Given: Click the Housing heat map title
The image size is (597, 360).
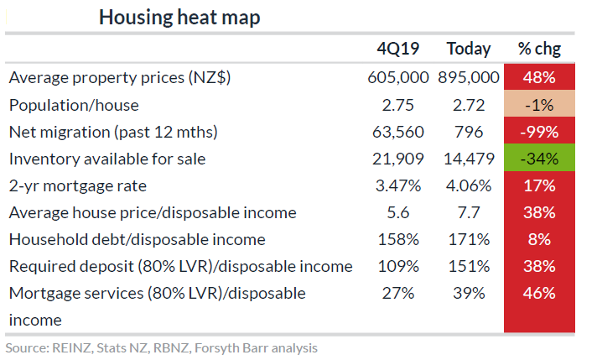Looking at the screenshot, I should click(x=179, y=18).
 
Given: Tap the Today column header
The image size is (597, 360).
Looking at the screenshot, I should click(x=468, y=49).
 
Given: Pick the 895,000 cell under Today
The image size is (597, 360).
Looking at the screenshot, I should click(x=468, y=77).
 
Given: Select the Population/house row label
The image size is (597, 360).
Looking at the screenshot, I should click(x=74, y=105).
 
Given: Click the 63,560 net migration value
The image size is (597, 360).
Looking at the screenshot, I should click(x=397, y=132).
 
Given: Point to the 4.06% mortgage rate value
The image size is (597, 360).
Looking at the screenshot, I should click(x=468, y=185).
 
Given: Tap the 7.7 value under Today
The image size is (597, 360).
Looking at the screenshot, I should click(x=468, y=212).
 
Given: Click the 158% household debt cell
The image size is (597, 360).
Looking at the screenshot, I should click(x=397, y=239).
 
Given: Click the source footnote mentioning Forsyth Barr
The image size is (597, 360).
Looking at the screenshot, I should click(x=161, y=347).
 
